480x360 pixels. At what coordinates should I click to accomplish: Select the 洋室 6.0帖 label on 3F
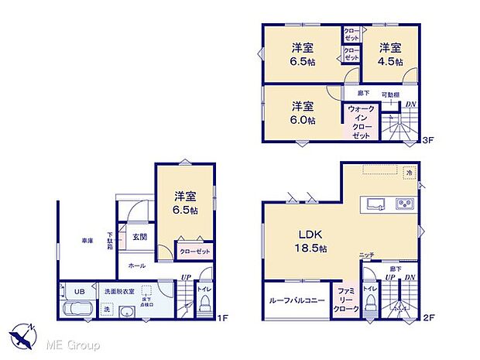tap(303, 113)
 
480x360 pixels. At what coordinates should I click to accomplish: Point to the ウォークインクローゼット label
tap(361, 122)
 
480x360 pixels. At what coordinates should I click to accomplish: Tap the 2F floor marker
tap(427, 317)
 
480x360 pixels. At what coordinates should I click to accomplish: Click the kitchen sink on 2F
tap(375, 205)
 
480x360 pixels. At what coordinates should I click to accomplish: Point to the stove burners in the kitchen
tap(406, 205)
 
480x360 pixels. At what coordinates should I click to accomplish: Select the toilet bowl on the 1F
tap(204, 307)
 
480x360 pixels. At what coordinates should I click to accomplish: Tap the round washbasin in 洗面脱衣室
tap(126, 310)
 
